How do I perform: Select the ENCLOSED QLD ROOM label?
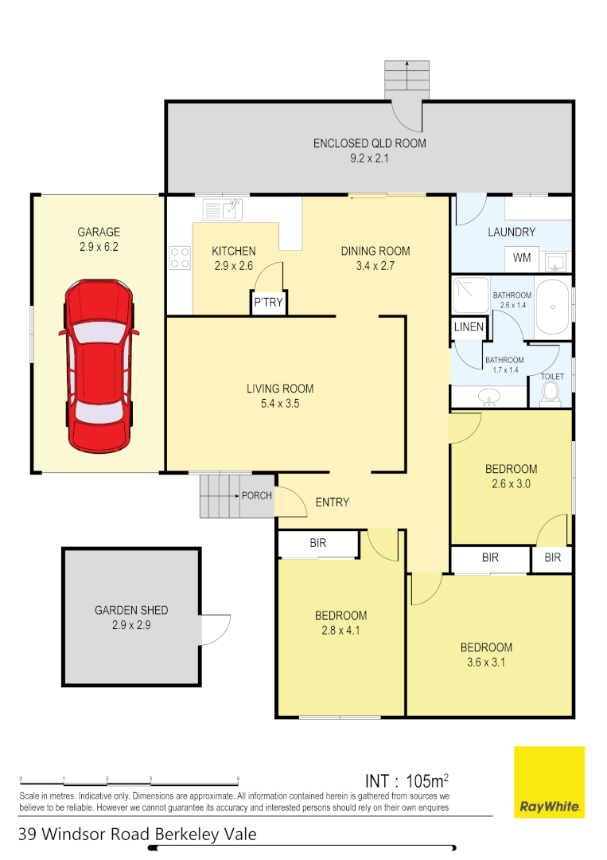click(x=369, y=144)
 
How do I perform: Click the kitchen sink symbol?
click(x=223, y=209)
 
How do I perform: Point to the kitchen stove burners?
click(x=180, y=257)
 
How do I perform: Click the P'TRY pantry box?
click(x=268, y=303)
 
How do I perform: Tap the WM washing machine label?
click(x=522, y=258)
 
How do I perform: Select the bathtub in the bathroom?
click(x=552, y=307)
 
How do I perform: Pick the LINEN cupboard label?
click(x=469, y=327)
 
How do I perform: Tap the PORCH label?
click(x=257, y=495)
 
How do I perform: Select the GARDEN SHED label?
click(x=131, y=610)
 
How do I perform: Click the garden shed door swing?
click(x=215, y=629)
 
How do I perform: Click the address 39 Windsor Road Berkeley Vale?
click(x=138, y=834)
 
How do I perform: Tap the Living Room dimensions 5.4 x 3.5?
click(x=279, y=404)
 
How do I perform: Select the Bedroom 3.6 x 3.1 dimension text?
click(x=485, y=663)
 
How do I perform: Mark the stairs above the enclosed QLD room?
click(x=407, y=77)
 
